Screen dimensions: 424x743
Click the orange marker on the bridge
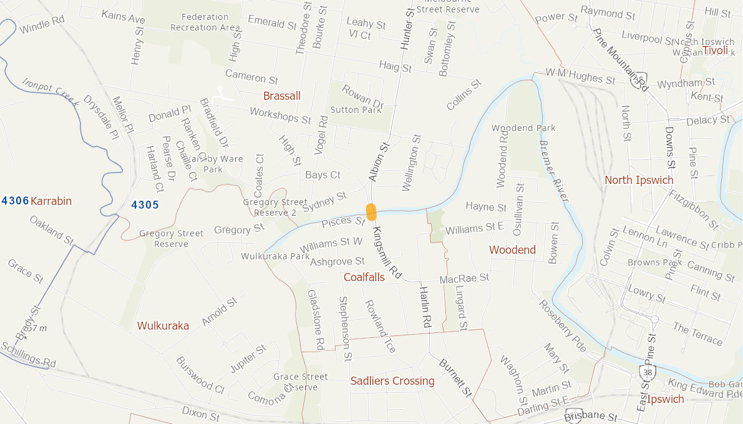coord(371,212)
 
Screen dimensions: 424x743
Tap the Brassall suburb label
coord(281,96)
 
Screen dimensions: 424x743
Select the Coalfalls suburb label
coord(364,277)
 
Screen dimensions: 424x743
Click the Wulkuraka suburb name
coord(163,325)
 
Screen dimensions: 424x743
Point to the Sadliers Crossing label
coord(392,381)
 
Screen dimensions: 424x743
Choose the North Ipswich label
coord(639,180)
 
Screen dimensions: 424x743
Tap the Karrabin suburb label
coord(51,201)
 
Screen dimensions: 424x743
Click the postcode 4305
coord(145,205)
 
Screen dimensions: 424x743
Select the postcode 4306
coord(16,201)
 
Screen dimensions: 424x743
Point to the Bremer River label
coord(553,171)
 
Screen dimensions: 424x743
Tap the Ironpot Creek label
coord(50,92)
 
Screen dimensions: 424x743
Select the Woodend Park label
coord(523,128)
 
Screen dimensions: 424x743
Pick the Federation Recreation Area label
coord(205,22)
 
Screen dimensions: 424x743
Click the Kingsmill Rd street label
coord(386,252)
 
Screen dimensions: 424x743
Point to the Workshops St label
coord(280,115)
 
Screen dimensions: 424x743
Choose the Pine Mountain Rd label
coord(621,60)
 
